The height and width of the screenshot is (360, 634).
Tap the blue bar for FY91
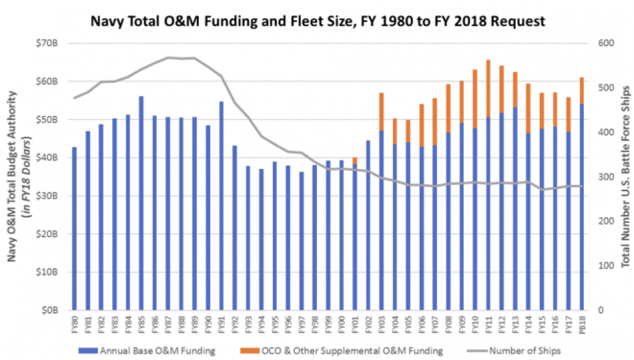221,206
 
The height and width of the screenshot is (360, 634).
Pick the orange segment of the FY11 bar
488,88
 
